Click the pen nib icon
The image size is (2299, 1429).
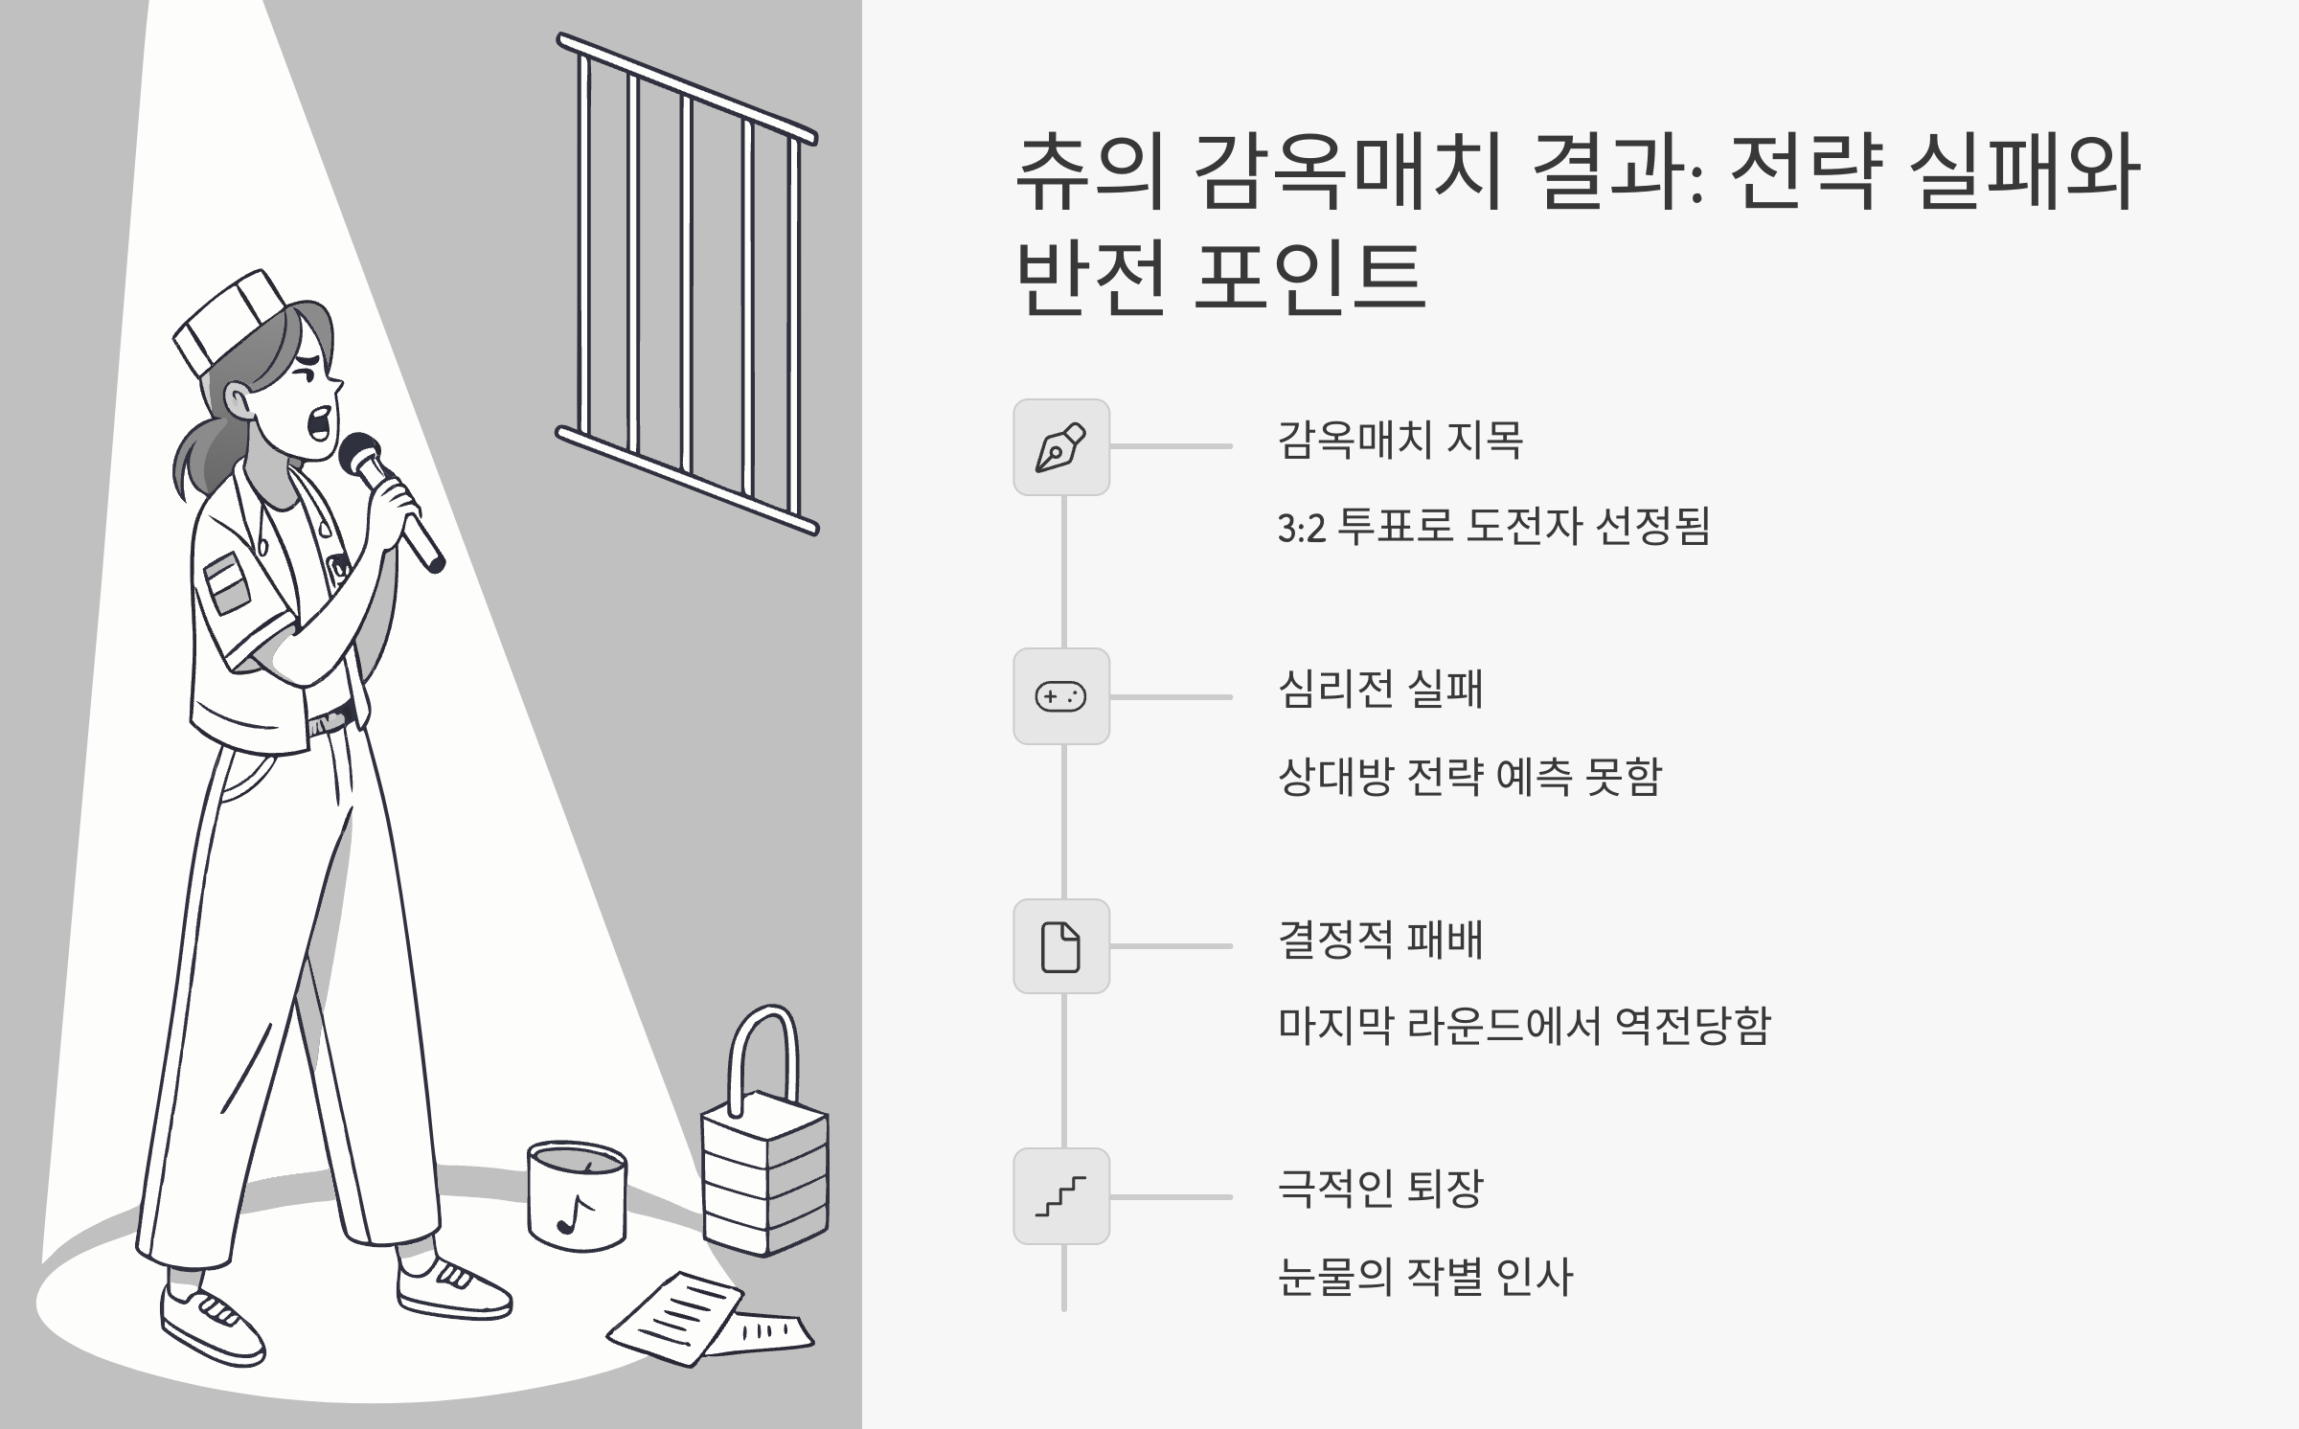[x=1061, y=447]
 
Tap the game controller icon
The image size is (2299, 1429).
[x=1061, y=696]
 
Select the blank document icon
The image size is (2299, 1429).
[x=1061, y=946]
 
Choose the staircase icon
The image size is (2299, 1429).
[x=1061, y=1196]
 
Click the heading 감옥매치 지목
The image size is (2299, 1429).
[x=1400, y=441]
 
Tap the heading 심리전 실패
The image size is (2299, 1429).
[x=1380, y=690]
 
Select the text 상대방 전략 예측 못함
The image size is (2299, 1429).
[x=1469, y=777]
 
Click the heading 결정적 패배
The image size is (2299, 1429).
[x=1380, y=941]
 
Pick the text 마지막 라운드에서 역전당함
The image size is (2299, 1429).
[x=1524, y=1026]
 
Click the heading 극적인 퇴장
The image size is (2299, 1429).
[x=1380, y=1190]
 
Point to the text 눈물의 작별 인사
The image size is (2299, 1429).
[x=1425, y=1277]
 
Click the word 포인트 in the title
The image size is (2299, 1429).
[x=1310, y=277]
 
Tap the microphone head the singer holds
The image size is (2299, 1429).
[x=358, y=454]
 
